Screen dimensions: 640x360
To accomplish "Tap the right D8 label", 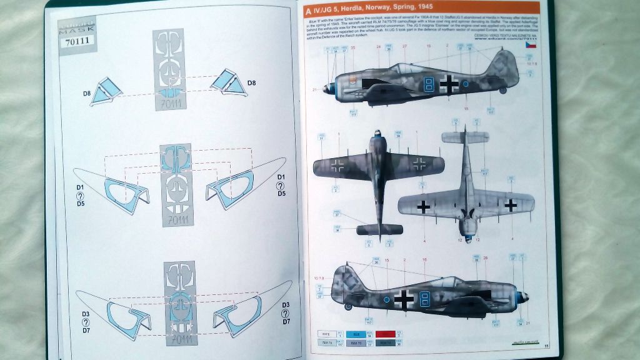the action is [x=251, y=83].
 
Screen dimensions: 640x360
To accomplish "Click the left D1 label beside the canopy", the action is [x=81, y=187].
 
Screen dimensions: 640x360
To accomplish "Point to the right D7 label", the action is [x=286, y=321].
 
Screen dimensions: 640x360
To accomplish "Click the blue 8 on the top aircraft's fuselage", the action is [x=429, y=84].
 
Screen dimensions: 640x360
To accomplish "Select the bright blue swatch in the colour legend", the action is [x=354, y=334].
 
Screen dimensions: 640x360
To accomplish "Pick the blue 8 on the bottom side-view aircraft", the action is [x=425, y=301].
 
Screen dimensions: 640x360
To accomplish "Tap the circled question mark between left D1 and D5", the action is [x=81, y=194].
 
